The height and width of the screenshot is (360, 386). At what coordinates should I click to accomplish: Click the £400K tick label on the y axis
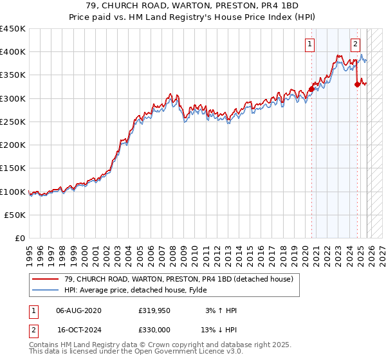(13, 52)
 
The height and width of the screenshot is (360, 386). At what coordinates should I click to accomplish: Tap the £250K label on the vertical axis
(13, 122)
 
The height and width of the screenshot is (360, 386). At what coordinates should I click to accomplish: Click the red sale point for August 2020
(311, 89)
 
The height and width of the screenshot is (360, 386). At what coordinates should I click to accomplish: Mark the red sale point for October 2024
(358, 84)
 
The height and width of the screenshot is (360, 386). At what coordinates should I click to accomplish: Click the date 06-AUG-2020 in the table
(79, 310)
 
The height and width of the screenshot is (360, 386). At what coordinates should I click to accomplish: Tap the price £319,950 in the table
(153, 310)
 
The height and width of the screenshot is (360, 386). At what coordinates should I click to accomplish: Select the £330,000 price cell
(153, 328)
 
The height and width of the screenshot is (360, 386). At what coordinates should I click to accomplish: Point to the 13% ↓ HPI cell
(219, 328)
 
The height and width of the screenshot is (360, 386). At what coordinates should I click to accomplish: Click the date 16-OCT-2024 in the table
(79, 328)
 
